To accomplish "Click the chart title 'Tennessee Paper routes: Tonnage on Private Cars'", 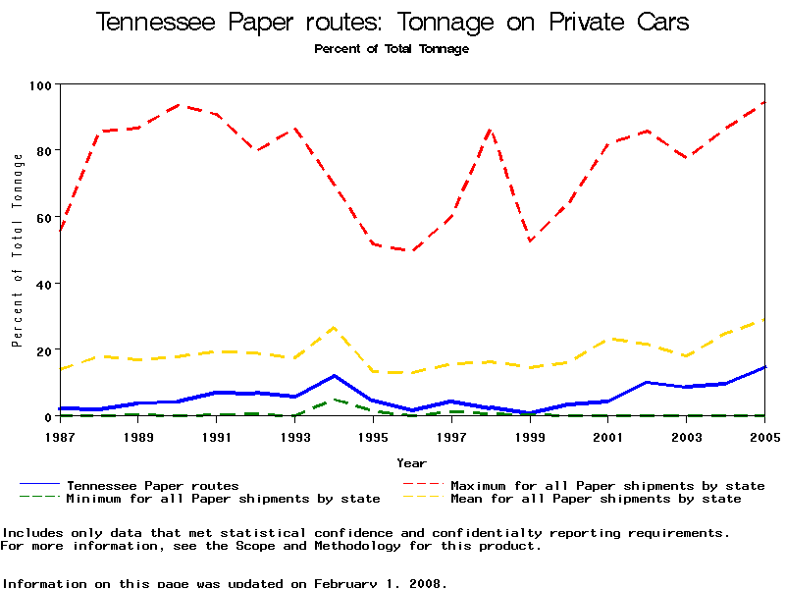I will [x=392, y=23].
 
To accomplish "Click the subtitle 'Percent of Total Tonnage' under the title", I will [x=392, y=49].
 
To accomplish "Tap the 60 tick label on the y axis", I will [x=41, y=218].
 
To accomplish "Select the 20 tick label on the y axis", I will [x=41, y=350].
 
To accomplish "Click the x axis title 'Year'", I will [x=411, y=462].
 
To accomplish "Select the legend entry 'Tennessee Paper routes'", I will [x=152, y=486].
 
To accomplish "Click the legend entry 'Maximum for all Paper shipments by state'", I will [x=607, y=486].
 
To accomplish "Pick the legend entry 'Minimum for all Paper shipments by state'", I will [x=223, y=499].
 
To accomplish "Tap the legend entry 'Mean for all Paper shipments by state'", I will [x=596, y=499].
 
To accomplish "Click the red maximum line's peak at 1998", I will [x=491, y=130].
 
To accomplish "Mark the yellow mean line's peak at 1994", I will [x=335, y=327].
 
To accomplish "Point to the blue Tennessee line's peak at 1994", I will [x=335, y=376].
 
